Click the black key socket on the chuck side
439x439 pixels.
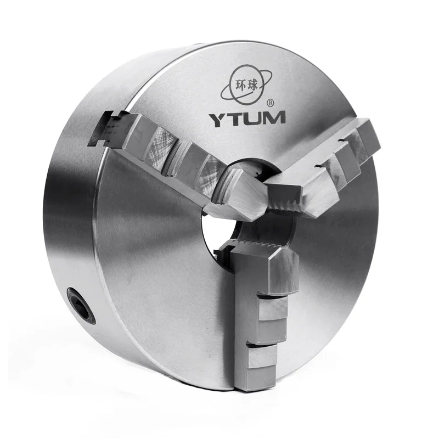[x=81, y=306]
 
